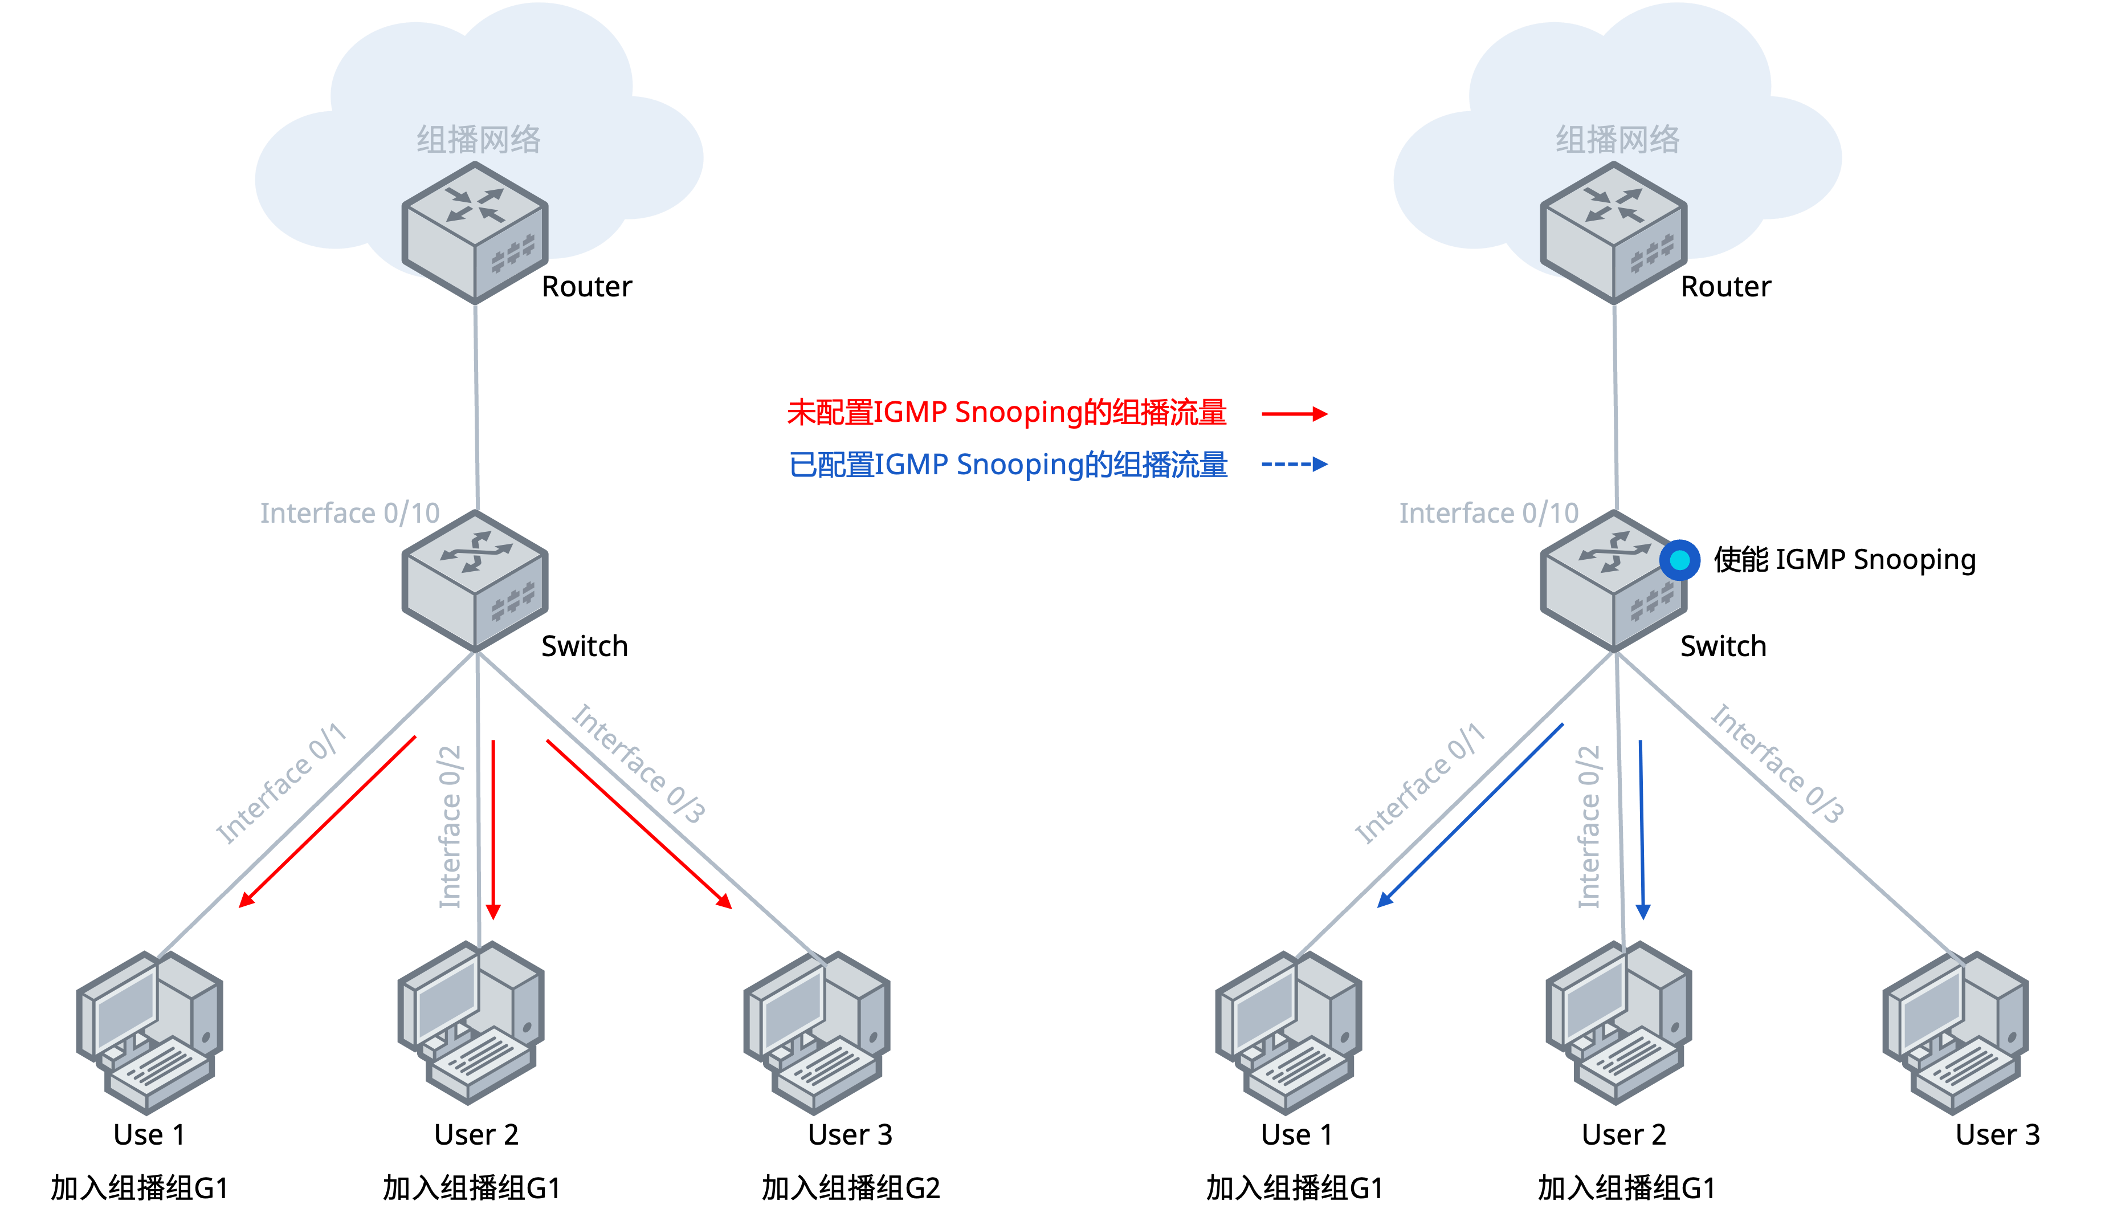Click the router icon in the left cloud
click(475, 233)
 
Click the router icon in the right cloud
click(1613, 233)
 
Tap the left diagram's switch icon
click(475, 581)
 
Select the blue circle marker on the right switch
click(1679, 560)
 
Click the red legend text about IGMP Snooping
click(1006, 413)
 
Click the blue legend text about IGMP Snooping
click(1008, 465)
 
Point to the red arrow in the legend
click(1294, 414)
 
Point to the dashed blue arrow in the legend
click(1294, 465)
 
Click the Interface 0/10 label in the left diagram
click(349, 513)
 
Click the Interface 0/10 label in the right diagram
click(1488, 513)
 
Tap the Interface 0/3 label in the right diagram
click(1777, 763)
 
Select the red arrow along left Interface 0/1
click(328, 821)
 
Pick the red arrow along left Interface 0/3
click(639, 823)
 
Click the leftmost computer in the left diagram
click(149, 1032)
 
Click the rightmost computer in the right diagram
click(1955, 1032)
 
